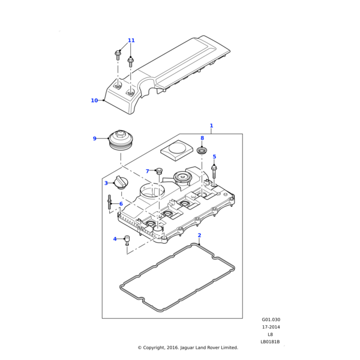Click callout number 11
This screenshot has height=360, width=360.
131,40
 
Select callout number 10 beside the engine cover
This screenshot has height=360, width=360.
94,100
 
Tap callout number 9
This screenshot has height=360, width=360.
94,139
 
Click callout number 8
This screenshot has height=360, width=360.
202,138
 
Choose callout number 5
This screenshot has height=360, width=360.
214,157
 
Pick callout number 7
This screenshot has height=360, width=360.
147,172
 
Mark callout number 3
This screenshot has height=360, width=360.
106,183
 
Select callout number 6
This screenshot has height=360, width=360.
121,204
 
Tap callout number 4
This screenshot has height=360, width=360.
115,239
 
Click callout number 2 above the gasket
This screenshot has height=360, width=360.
199,235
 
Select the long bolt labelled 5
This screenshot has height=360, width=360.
214,172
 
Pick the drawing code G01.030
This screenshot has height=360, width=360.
271,320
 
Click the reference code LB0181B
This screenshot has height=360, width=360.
271,342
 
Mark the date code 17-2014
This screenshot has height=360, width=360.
271,327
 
